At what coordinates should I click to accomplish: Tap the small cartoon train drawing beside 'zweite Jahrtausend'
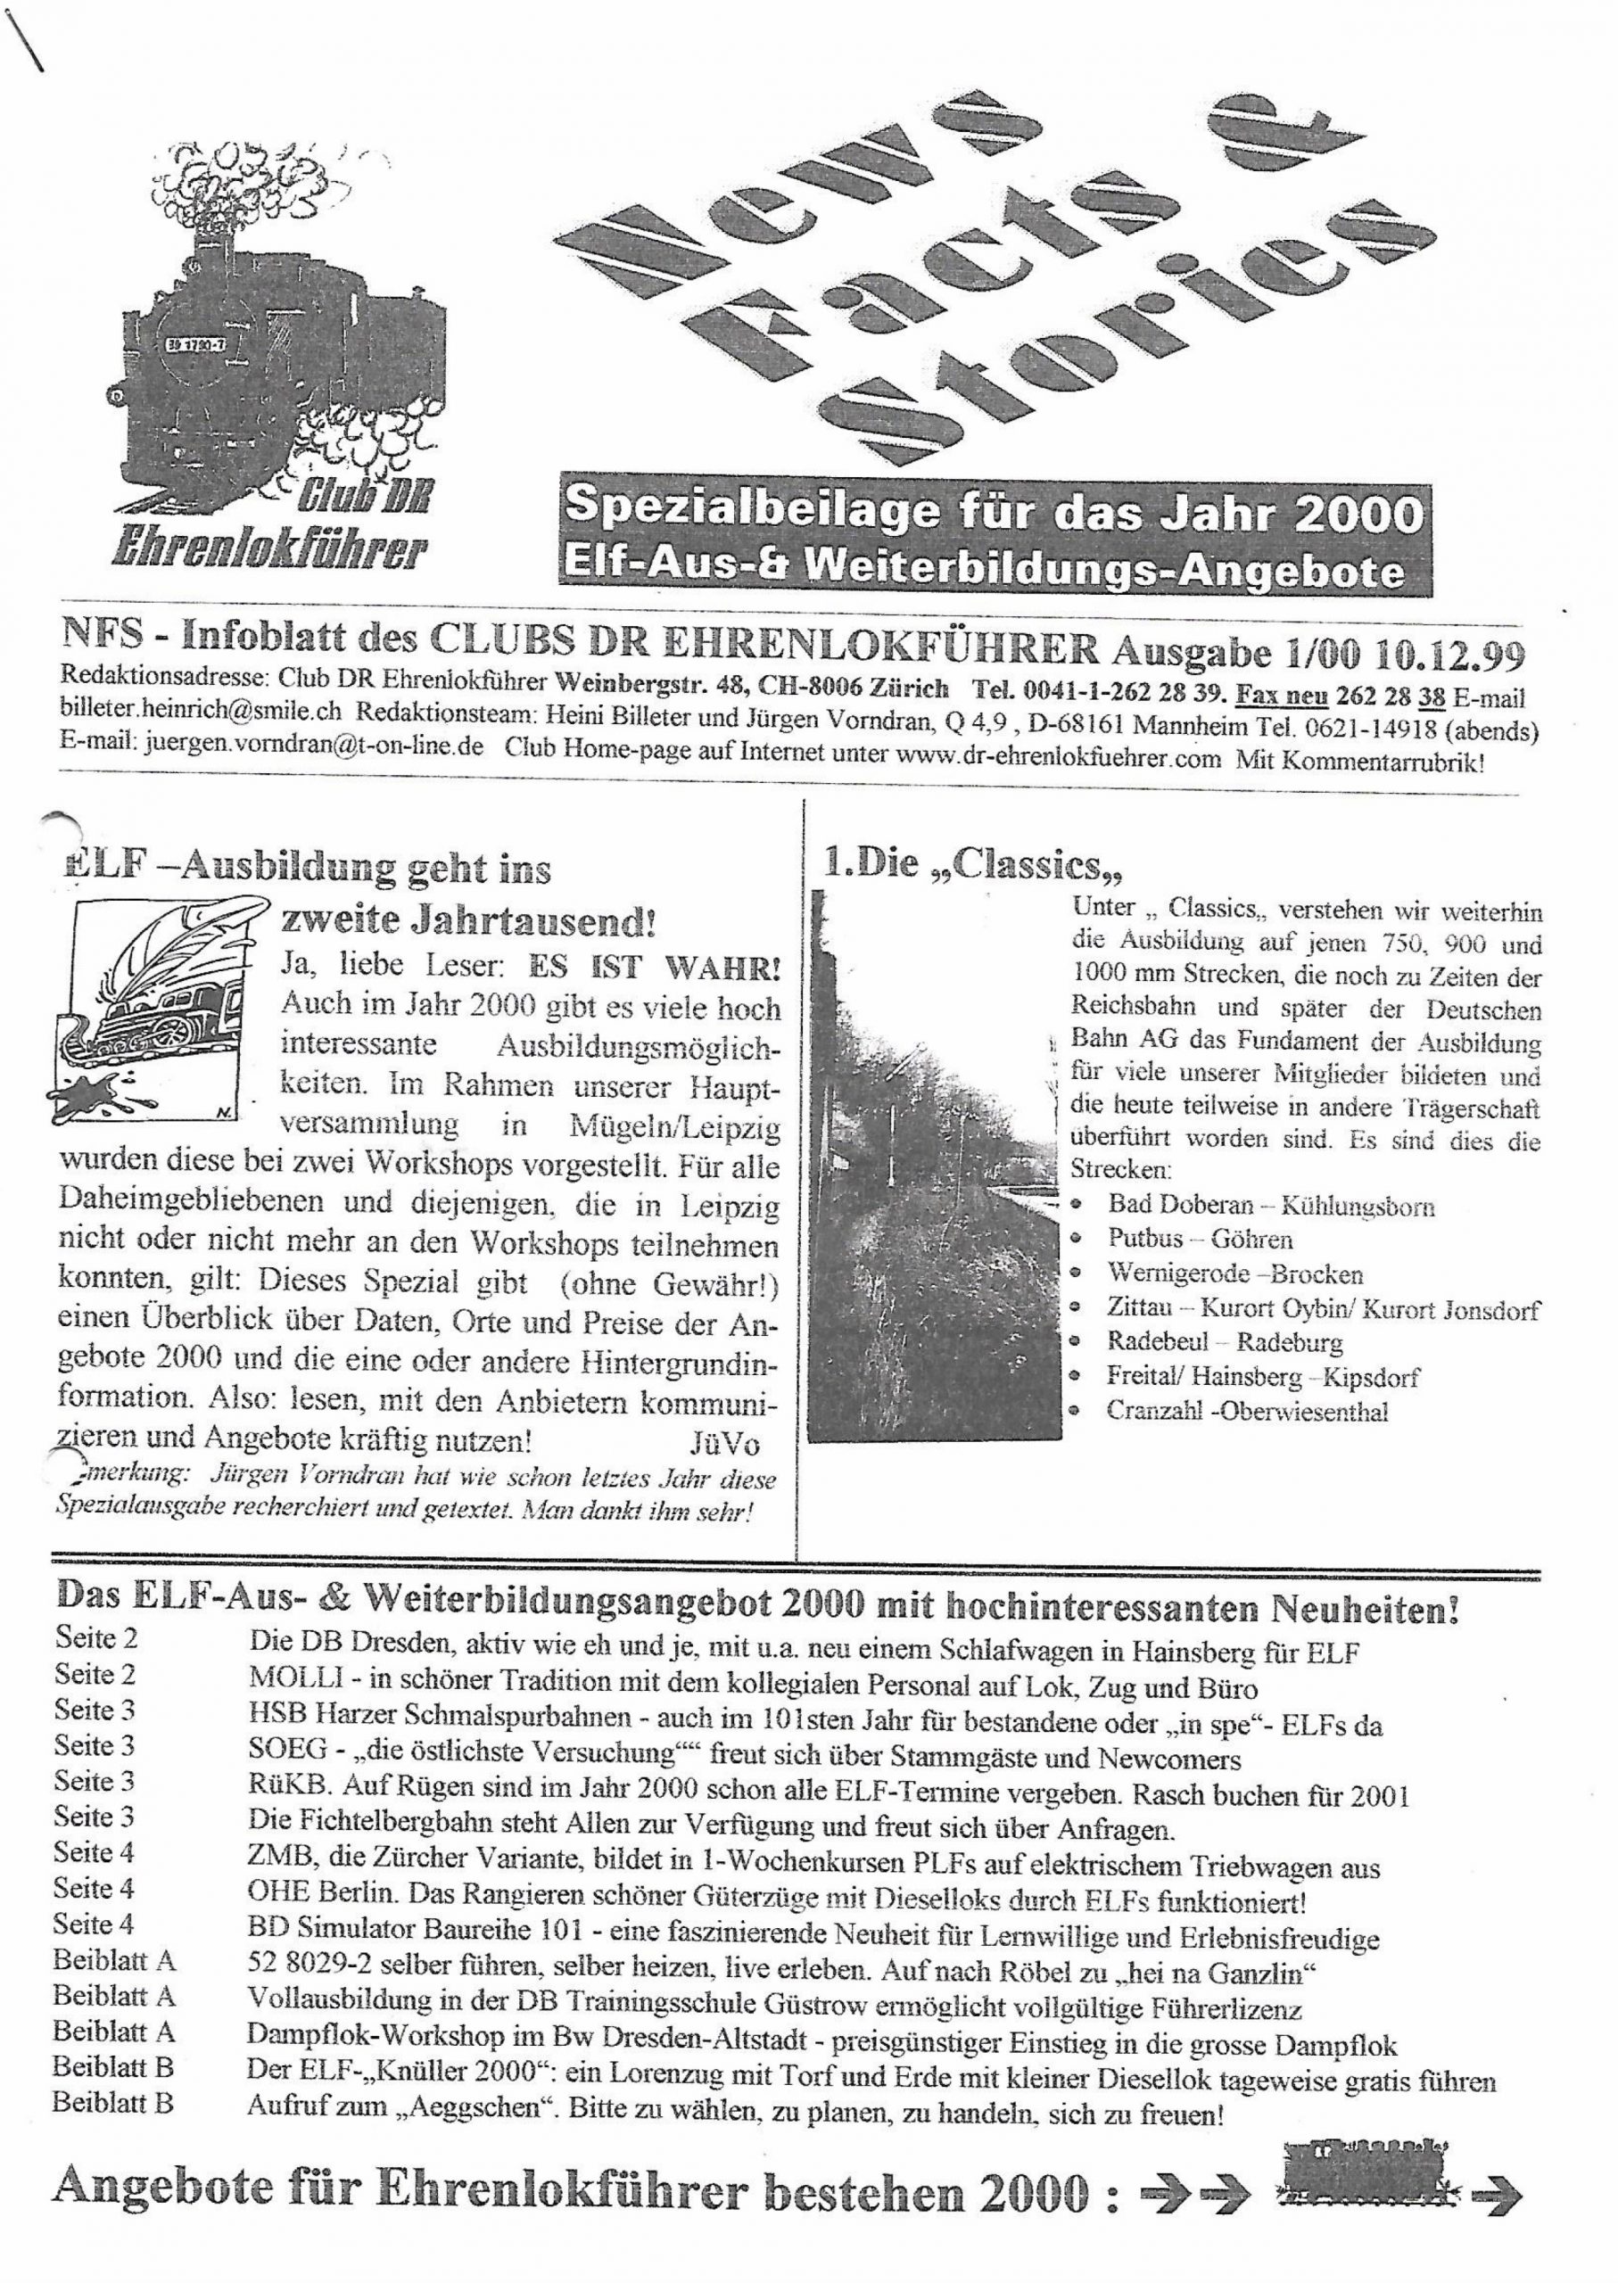click(156, 1007)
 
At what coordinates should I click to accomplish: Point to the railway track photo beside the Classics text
click(931, 1166)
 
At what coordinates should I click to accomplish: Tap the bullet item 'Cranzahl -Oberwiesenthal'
click(1246, 1411)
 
